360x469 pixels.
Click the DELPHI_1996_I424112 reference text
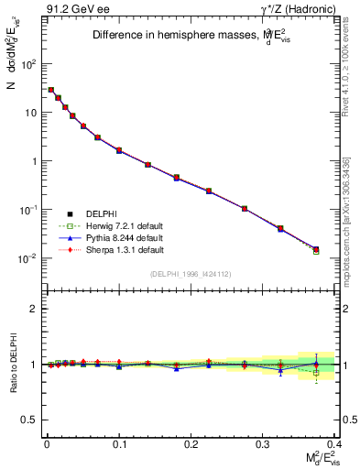(x=191, y=274)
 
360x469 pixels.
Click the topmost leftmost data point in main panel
(x=51, y=90)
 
